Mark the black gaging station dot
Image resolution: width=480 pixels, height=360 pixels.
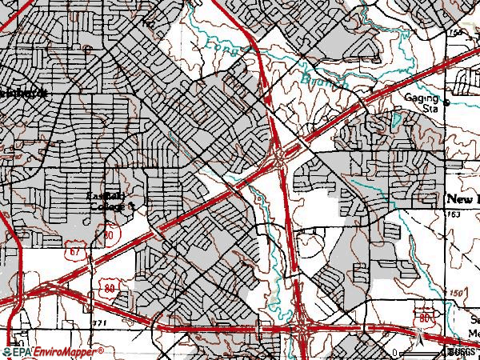tap(446, 102)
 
